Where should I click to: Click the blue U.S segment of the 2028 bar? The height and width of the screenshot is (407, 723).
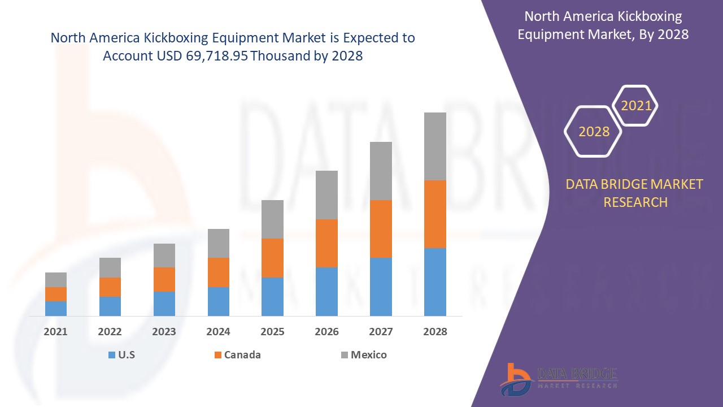coord(435,282)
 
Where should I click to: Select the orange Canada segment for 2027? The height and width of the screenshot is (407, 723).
coord(381,229)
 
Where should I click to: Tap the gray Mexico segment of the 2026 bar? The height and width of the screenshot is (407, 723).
coord(326,195)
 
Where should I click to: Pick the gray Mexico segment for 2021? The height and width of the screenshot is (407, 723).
coord(56,280)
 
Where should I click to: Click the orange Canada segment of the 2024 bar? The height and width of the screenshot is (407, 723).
coord(219,272)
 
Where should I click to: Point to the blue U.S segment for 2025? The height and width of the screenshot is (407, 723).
coord(272,296)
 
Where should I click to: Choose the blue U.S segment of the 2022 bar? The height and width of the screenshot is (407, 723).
coord(110,306)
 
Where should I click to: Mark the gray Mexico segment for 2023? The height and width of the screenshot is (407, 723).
coord(164,256)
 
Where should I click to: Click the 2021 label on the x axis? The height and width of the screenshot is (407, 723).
coord(55,332)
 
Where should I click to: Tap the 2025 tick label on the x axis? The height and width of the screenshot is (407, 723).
coord(272,332)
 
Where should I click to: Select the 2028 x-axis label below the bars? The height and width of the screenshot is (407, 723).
coord(435,332)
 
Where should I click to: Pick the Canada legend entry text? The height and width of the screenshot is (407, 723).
coord(242,355)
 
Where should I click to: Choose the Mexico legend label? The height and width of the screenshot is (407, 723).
coord(369,355)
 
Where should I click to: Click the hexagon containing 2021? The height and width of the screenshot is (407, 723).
coord(636,106)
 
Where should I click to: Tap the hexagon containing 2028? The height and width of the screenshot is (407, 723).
coord(594,132)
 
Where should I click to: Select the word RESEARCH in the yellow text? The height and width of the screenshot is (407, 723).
coord(635,202)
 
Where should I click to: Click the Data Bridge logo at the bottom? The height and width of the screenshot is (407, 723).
coord(559,378)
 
